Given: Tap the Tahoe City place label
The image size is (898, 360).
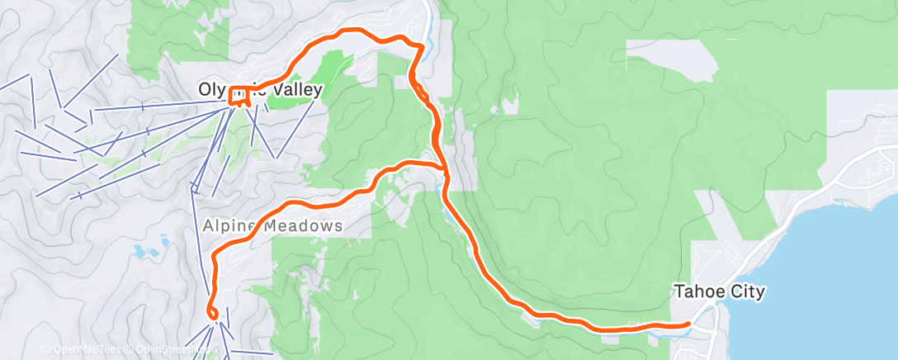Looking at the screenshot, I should (x=721, y=291).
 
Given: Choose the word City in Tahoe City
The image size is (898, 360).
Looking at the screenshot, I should (x=749, y=291).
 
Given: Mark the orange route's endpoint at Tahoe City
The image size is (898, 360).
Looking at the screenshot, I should (x=688, y=324).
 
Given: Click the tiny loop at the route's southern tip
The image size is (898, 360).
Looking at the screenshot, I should (x=211, y=313).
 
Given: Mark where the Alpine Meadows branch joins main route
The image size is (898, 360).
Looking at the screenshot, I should (x=445, y=170).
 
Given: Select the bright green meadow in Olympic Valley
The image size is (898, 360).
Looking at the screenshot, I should (x=330, y=66).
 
